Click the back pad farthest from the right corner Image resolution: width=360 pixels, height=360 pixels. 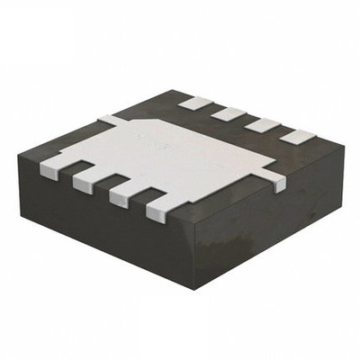pyautogui.click(x=193, y=103)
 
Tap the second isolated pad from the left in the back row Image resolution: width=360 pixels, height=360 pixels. pyautogui.click(x=229, y=114)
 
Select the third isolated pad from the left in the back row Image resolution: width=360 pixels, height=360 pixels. pyautogui.click(x=262, y=126)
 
